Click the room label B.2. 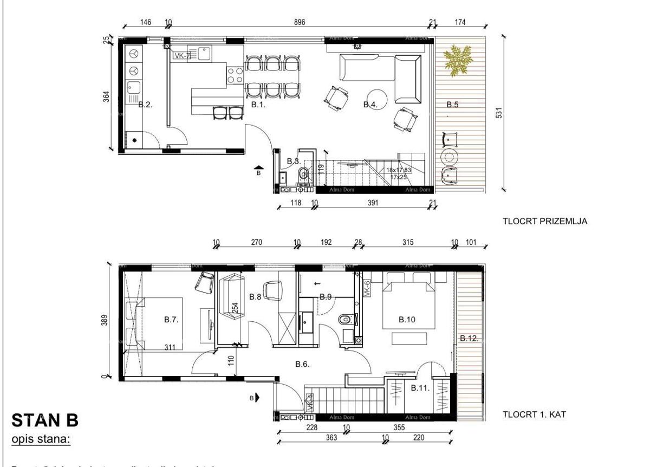(145, 105)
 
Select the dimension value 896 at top (300, 22)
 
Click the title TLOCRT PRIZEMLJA (545, 221)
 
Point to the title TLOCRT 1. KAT (535, 414)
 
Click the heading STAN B (44, 420)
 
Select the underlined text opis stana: (41, 439)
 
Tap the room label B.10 (407, 320)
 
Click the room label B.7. (171, 320)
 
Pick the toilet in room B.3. (303, 174)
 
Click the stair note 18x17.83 (399, 170)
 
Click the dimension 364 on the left (106, 96)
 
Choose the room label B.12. (469, 338)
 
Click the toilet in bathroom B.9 (344, 320)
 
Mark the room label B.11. (420, 387)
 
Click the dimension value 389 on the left (106, 321)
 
